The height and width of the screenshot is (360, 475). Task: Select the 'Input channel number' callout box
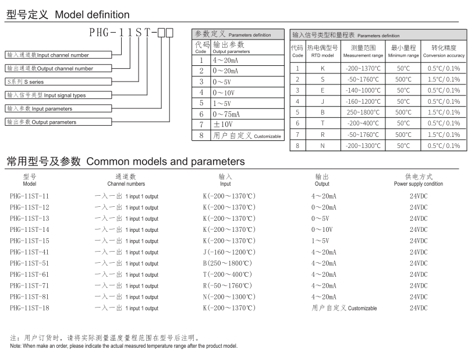click(x=59, y=55)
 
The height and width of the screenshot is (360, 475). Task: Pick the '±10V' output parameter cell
click(x=223, y=125)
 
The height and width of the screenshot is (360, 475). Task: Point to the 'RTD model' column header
click(x=322, y=51)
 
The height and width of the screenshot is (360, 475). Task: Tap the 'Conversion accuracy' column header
click(x=444, y=51)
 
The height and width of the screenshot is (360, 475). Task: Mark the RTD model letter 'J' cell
click(x=322, y=101)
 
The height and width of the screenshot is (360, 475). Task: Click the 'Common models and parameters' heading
click(x=125, y=161)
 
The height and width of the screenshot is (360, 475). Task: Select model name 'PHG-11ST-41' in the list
click(x=30, y=252)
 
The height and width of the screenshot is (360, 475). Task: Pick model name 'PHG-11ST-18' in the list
click(x=30, y=308)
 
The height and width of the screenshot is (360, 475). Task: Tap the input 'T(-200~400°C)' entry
click(x=228, y=274)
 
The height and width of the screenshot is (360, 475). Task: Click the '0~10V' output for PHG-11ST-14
click(x=322, y=230)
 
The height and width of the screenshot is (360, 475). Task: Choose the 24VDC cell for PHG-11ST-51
click(x=418, y=263)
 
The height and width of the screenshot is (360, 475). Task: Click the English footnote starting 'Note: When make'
click(x=123, y=346)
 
